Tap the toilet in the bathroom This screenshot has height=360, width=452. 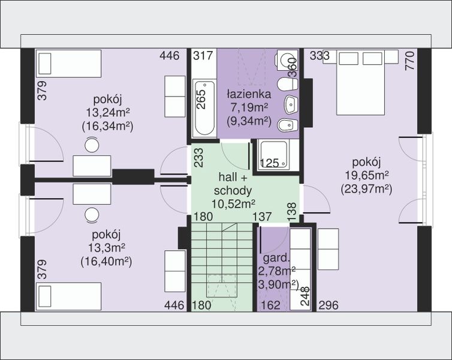pos(287,85)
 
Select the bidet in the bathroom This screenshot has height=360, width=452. pos(287,125)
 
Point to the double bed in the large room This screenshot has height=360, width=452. pos(360,83)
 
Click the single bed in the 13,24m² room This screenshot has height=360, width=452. pos(68,64)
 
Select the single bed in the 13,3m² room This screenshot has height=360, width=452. pos(68,296)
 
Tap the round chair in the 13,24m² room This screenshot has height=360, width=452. pos(92,145)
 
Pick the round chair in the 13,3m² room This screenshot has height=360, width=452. pos(92,215)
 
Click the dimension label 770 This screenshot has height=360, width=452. pos(409,61)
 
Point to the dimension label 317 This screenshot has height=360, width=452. pos(203,55)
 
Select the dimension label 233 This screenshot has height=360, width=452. pos(198,158)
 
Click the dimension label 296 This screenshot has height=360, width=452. pos(329,305)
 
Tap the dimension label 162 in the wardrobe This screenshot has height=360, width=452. pos(270,305)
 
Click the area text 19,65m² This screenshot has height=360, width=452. pos(367,175)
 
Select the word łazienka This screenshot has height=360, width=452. pos(249,94)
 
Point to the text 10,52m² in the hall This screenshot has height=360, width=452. pos(233,204)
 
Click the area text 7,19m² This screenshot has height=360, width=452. pos(249,107)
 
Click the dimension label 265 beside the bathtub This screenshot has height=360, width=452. pos(202,99)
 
